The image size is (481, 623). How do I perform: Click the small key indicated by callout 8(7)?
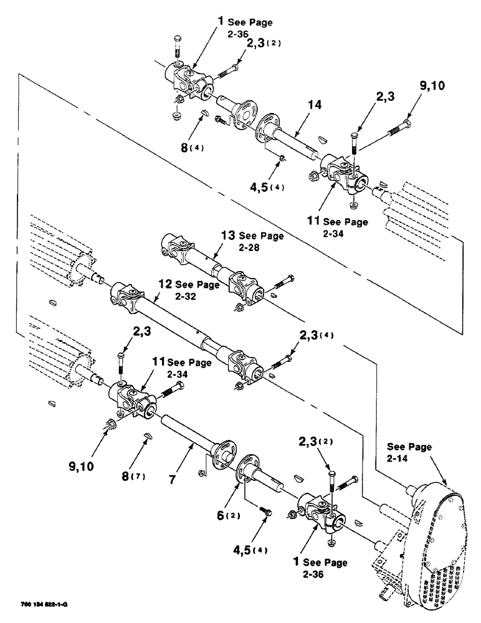click(x=148, y=437)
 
